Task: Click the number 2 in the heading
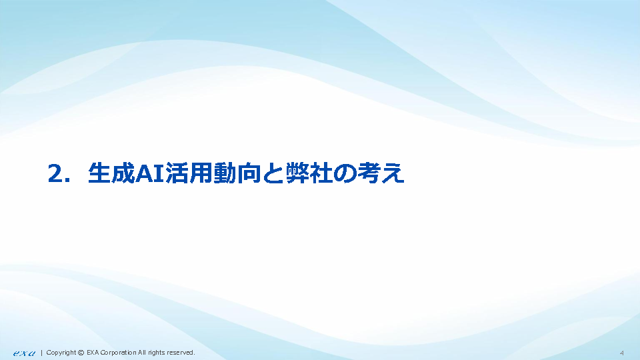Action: (56, 173)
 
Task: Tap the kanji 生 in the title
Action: (99, 173)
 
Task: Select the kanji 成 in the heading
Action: (123, 173)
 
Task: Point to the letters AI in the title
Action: (149, 173)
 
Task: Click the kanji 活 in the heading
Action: (177, 173)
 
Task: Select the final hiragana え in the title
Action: (393, 173)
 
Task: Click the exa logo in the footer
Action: (24, 353)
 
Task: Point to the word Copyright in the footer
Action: (61, 353)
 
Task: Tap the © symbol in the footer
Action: (81, 353)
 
